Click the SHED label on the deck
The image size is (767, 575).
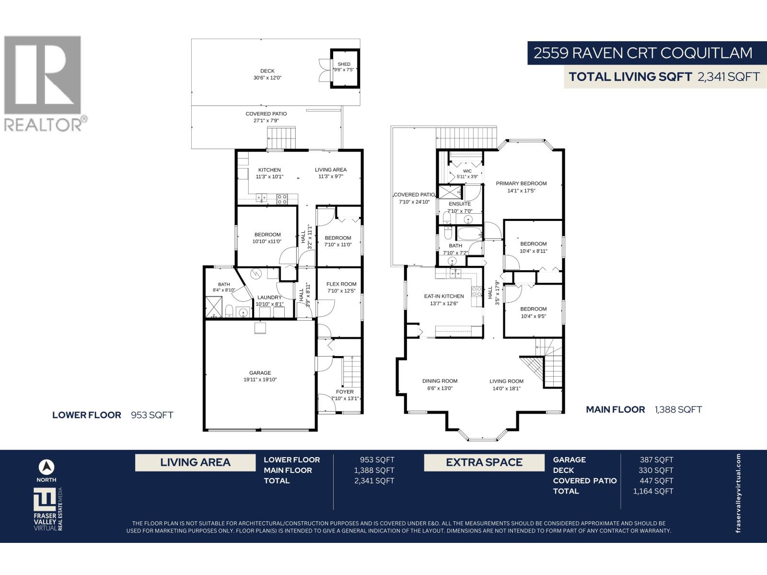[344, 64]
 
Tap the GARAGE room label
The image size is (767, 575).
[260, 372]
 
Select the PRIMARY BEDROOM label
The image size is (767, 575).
[521, 184]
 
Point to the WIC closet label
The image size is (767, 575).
[467, 171]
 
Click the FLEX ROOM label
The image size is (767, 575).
[341, 284]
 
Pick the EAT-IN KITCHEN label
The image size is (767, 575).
[444, 296]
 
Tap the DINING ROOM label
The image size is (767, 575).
[440, 381]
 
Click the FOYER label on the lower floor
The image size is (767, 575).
[345, 391]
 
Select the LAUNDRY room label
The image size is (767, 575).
[269, 298]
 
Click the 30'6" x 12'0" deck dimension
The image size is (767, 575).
[267, 78]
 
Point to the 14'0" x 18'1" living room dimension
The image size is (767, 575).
[506, 388]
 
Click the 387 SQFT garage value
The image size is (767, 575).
[656, 460]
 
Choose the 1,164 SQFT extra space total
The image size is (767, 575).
[653, 491]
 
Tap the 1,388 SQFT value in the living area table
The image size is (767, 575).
[374, 470]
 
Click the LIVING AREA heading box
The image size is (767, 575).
[195, 462]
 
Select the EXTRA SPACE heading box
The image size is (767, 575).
[484, 462]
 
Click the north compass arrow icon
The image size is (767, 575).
[46, 467]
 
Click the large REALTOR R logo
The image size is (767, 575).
[42, 75]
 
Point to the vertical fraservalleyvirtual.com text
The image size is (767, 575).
[738, 493]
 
